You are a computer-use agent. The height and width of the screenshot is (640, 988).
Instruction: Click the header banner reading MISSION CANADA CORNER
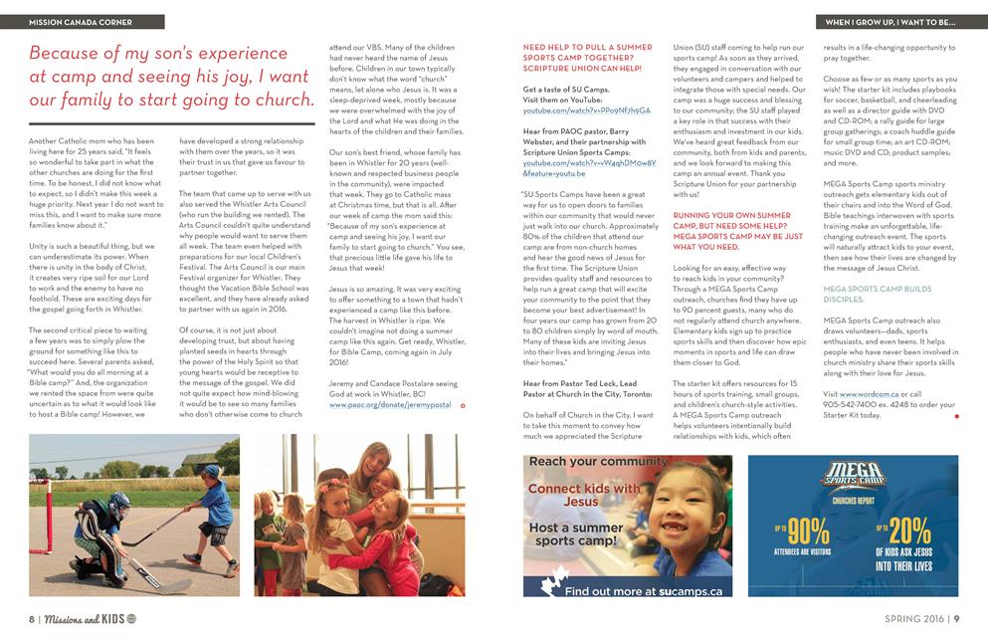82,21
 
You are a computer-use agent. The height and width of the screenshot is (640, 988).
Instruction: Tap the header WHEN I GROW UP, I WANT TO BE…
889,21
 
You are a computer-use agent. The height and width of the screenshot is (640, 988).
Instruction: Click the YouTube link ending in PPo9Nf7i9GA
586,110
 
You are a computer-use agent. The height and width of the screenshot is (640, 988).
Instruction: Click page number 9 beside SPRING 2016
956,618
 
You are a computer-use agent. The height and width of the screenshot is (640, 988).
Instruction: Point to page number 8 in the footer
32,618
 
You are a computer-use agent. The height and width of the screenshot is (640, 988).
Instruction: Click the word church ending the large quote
271,100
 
